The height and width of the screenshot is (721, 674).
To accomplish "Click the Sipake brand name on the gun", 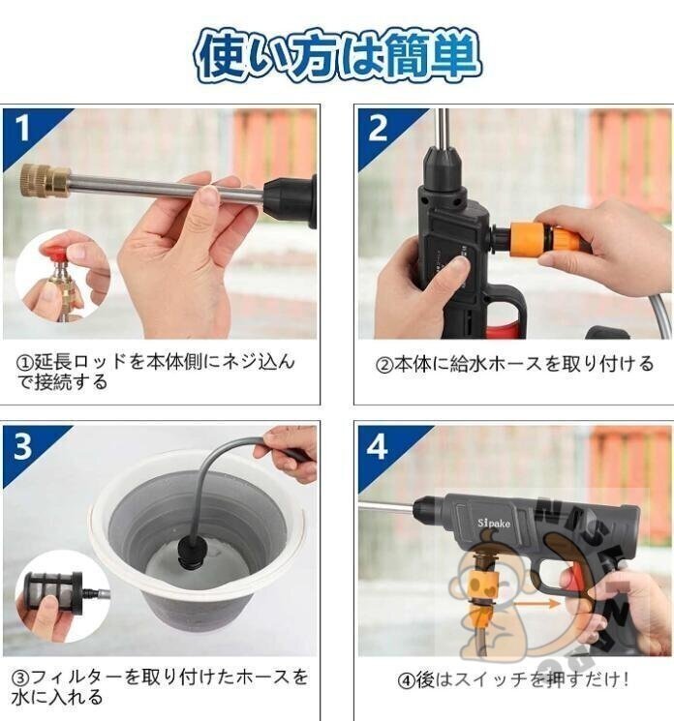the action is click(494, 523).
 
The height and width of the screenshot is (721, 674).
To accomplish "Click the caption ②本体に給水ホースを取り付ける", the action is click(515, 364).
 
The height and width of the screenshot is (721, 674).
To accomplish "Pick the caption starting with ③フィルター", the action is click(160, 687).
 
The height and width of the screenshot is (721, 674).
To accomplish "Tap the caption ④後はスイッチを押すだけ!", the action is click(513, 679).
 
